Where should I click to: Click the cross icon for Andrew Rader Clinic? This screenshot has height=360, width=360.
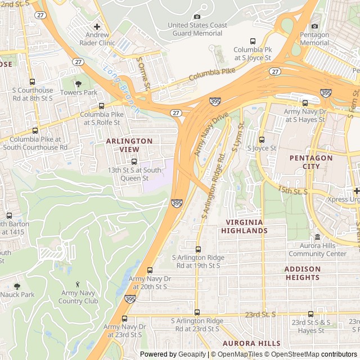[97, 26]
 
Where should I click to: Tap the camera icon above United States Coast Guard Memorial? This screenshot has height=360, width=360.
[196, 17]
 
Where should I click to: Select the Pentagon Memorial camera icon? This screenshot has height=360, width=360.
[314, 26]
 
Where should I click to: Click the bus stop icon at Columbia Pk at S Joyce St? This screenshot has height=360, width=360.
[253, 42]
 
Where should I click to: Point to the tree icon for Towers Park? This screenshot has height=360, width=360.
[79, 84]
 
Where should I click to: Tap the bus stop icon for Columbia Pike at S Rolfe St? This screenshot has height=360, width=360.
[101, 106]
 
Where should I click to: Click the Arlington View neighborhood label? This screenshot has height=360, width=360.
[129, 145]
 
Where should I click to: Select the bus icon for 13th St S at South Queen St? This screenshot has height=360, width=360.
[133, 161]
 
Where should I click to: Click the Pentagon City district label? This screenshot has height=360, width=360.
[311, 163]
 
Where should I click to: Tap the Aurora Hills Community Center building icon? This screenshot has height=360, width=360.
[317, 237]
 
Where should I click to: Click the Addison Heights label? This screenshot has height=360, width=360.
[310, 273]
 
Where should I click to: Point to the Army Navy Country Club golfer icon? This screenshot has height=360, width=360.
[78, 284]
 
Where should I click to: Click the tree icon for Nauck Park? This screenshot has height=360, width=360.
[16, 286]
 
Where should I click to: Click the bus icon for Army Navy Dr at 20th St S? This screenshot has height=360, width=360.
[149, 271]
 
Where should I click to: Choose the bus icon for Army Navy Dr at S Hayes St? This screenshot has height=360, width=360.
[305, 103]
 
